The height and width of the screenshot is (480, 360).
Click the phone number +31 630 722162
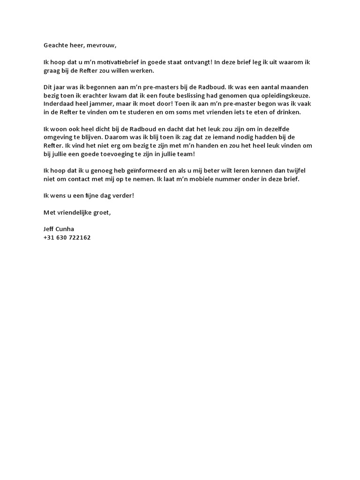click(67, 238)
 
